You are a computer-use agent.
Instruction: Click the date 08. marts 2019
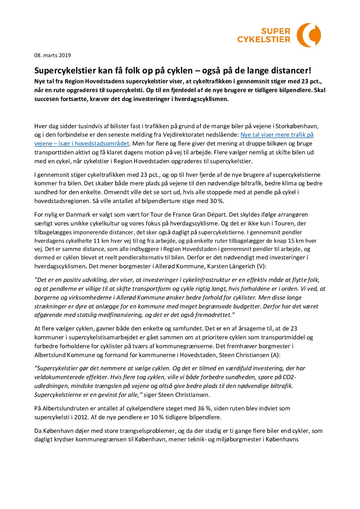tap(52, 55)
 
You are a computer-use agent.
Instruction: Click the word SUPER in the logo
tap(276, 31)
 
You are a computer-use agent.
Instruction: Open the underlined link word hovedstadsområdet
tap(102, 143)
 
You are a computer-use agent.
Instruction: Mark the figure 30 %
tap(216, 201)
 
